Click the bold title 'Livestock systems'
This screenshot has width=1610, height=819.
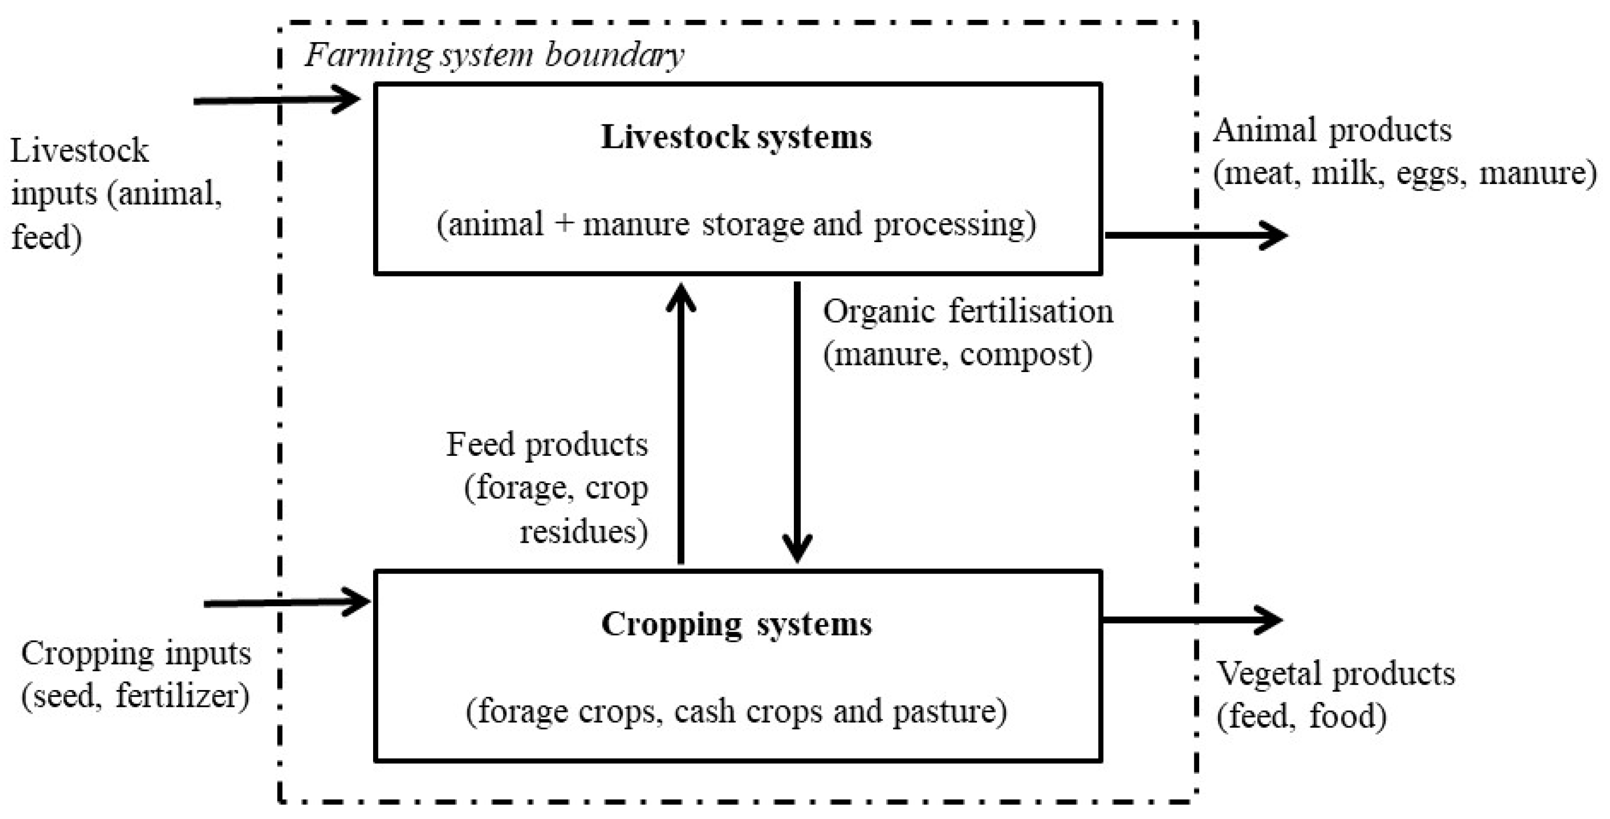(736, 137)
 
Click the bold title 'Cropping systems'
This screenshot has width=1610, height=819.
(736, 624)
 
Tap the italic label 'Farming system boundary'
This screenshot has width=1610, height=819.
(494, 55)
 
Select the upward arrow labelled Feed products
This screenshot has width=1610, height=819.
(681, 425)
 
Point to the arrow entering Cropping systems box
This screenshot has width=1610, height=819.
(287, 603)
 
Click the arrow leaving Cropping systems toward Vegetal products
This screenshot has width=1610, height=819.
(1191, 620)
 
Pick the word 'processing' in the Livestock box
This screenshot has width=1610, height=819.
(953, 225)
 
